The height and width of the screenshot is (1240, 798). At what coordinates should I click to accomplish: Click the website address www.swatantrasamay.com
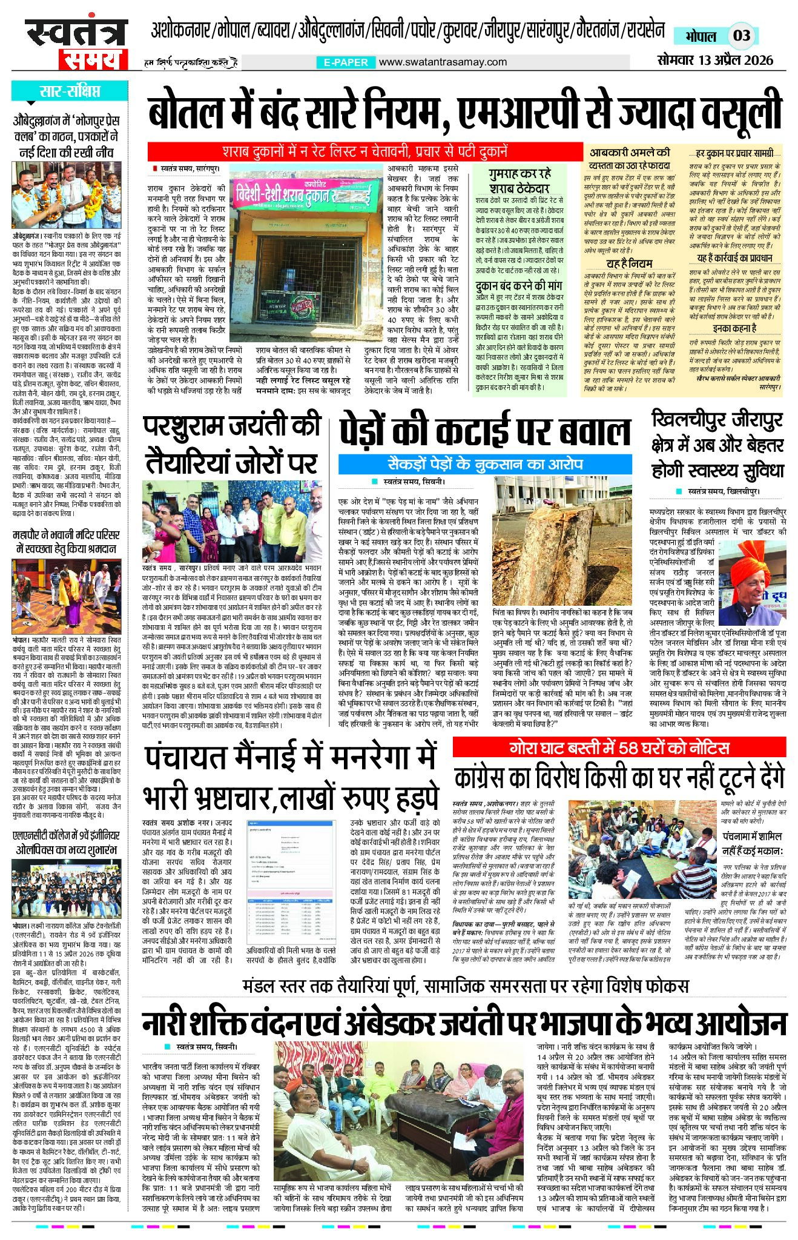coord(443,62)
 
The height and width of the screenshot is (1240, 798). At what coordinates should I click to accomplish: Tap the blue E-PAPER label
coord(346,62)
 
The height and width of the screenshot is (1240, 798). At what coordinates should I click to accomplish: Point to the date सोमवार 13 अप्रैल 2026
coord(716,60)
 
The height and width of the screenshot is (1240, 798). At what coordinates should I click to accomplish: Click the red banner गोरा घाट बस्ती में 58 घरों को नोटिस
coord(619,748)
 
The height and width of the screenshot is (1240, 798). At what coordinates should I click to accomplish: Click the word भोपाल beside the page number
coord(701,36)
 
